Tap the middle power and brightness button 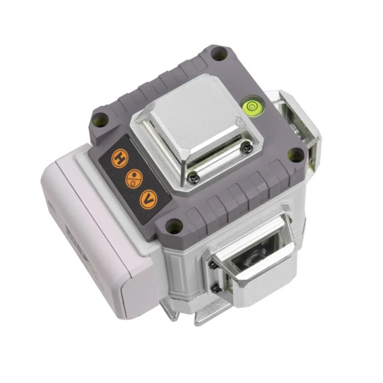coord(133,179)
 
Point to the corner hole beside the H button coord(100,120)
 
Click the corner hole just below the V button coord(174,226)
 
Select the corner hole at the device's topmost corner coord(220,53)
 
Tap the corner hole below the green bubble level coord(296,156)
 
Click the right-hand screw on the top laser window coord(245,148)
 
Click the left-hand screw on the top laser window coord(193,178)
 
